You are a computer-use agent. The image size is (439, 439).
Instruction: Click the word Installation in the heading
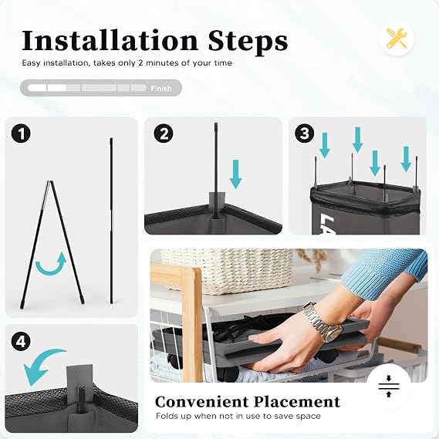pyautogui.click(x=110, y=41)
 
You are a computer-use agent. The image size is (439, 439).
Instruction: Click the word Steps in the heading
pyautogui.click(x=248, y=42)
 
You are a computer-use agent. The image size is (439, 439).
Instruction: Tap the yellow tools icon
pyautogui.click(x=397, y=39)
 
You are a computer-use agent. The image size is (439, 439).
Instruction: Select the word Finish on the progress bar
pyautogui.click(x=161, y=89)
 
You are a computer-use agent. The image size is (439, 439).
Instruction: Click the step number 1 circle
pyautogui.click(x=21, y=133)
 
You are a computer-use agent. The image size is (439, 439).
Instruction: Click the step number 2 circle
pyautogui.click(x=164, y=133)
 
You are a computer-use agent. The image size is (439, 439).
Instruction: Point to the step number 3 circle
pyautogui.click(x=305, y=133)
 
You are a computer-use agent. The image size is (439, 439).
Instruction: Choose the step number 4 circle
pyautogui.click(x=21, y=342)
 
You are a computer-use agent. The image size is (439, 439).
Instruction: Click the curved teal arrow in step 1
pyautogui.click(x=52, y=268)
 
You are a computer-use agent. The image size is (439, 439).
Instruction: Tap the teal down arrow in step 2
pyautogui.click(x=236, y=174)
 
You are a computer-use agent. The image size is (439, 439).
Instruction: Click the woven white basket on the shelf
pyautogui.click(x=227, y=271)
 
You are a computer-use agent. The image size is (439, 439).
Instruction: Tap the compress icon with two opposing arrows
pyautogui.click(x=389, y=387)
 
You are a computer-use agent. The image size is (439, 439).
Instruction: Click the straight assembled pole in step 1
pyautogui.click(x=111, y=221)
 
